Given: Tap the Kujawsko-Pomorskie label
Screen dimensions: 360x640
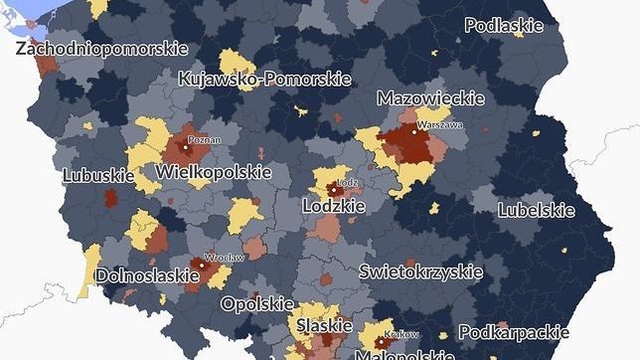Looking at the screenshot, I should (x=263, y=79).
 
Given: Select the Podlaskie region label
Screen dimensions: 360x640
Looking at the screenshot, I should (x=503, y=26).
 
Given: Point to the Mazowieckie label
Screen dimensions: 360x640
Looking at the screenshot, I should (x=430, y=98).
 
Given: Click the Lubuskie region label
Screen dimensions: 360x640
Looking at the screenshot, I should (x=98, y=175).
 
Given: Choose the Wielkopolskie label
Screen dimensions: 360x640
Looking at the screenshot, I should (x=214, y=172).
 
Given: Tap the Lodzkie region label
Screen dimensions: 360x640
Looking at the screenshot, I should (x=333, y=206).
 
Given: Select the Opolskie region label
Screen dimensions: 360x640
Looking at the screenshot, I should (x=257, y=303).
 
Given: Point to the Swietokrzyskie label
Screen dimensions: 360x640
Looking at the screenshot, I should (x=420, y=270).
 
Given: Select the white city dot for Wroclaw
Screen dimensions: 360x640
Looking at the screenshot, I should (x=201, y=266).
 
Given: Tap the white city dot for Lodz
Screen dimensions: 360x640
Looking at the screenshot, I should (x=331, y=186).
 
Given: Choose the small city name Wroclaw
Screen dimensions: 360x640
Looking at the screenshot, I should (x=223, y=257).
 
